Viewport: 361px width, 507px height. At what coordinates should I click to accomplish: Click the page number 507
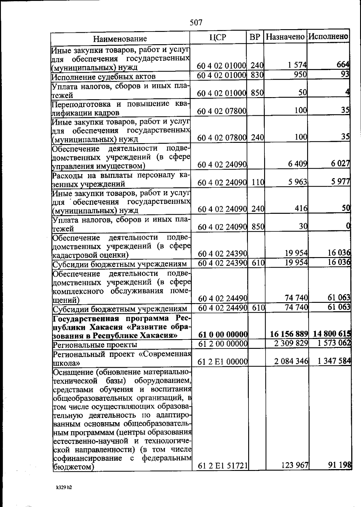[x=196, y=23]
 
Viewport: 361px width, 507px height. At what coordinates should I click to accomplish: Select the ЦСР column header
[x=218, y=37]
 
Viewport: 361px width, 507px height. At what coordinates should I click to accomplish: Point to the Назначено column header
[x=285, y=37]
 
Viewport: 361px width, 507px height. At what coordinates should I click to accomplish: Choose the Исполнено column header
[x=328, y=37]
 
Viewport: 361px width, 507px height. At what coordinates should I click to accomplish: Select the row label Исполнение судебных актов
[x=103, y=77]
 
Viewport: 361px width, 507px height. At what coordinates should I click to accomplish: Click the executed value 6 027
[x=341, y=164]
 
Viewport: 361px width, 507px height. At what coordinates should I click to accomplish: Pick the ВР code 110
[x=258, y=182]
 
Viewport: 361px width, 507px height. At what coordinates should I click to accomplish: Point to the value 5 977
[x=341, y=182]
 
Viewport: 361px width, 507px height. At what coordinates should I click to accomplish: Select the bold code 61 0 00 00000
[x=223, y=334]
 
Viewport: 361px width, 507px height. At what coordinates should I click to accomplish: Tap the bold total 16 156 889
[x=288, y=334]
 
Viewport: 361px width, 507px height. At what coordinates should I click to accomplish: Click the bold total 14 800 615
[x=332, y=334]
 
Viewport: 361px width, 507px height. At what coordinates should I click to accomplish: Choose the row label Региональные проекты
[x=95, y=345]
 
